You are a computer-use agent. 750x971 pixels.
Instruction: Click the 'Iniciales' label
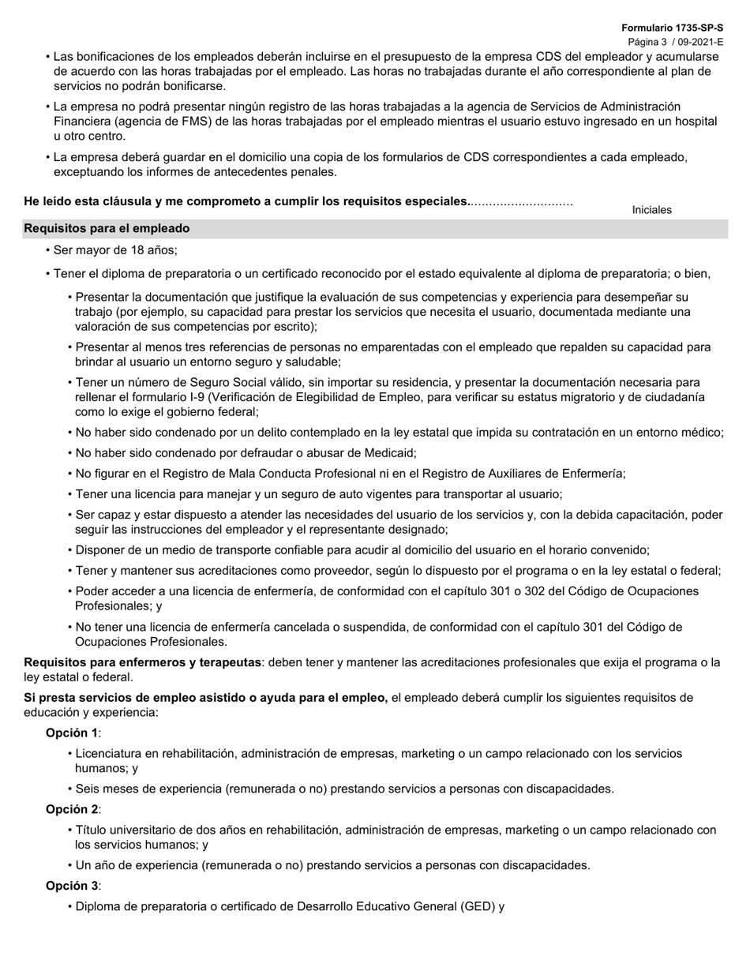pyautogui.click(x=651, y=210)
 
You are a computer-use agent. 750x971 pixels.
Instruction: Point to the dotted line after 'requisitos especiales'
pyautogui.click(x=522, y=202)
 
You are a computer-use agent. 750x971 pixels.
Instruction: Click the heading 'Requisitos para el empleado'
pyautogui.click(x=107, y=228)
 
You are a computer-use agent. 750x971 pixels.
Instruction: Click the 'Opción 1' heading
pyautogui.click(x=73, y=733)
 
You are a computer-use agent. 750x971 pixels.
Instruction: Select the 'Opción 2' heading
pyautogui.click(x=73, y=809)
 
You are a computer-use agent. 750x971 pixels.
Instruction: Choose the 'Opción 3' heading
pyautogui.click(x=73, y=886)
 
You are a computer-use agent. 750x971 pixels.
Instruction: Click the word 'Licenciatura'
pyautogui.click(x=111, y=754)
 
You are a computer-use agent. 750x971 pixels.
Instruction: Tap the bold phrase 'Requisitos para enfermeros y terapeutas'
pyautogui.click(x=142, y=662)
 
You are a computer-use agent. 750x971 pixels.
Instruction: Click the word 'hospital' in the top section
pyautogui.click(x=693, y=122)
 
